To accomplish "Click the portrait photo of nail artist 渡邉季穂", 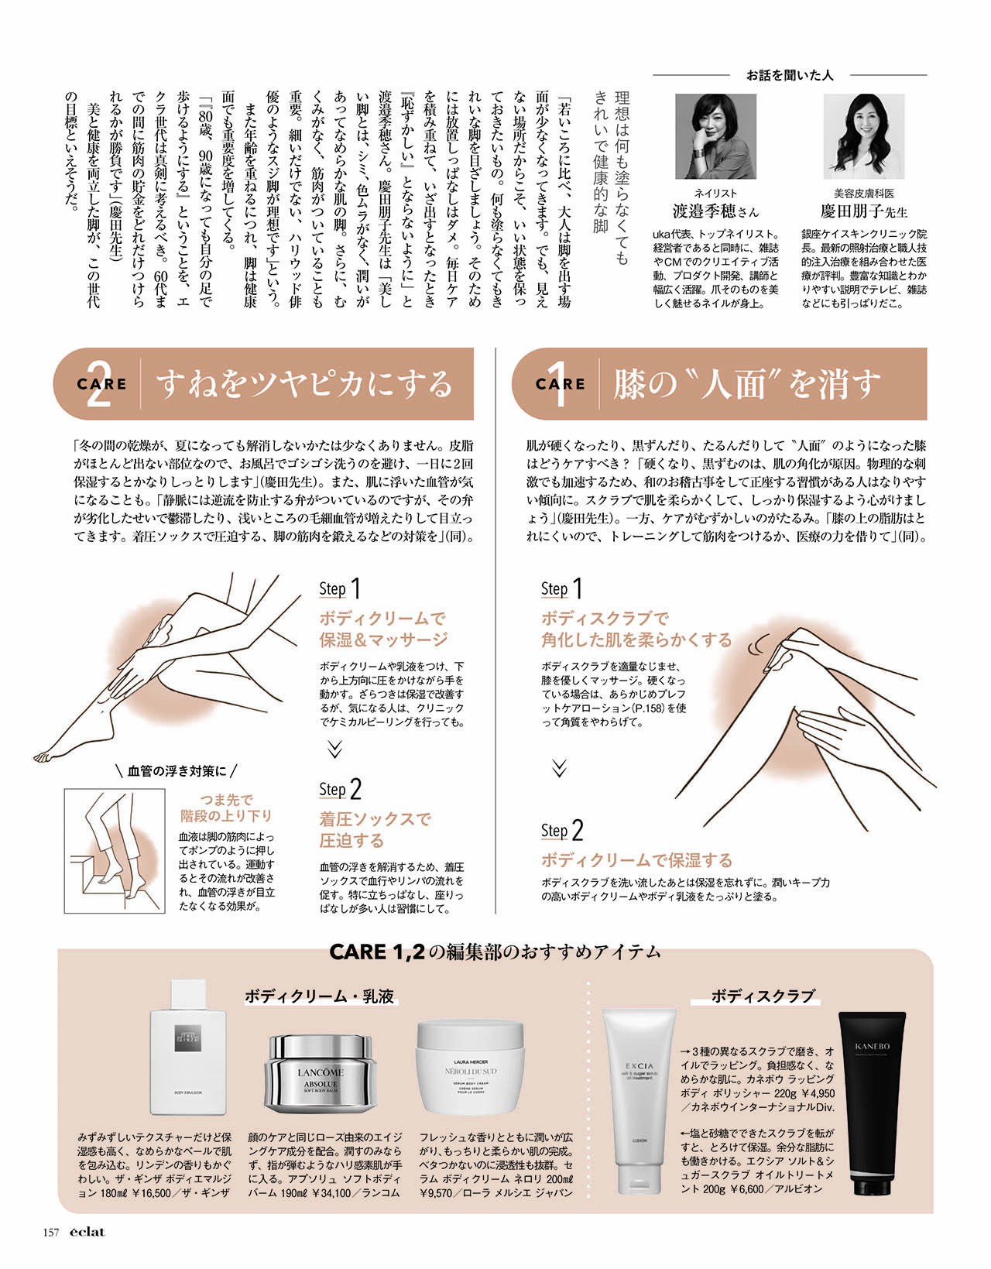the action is tap(715, 136).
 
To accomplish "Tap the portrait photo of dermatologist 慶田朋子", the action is tap(863, 136).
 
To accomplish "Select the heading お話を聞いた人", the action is tap(790, 75).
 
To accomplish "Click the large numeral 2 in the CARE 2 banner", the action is tap(98, 384).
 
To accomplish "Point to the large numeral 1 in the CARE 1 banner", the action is tap(559, 384).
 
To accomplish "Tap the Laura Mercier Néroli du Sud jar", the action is tap(470, 1067).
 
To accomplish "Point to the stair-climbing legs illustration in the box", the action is tap(115, 850).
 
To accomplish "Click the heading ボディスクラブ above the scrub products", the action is tap(762, 996).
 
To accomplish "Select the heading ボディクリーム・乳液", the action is tap(320, 996).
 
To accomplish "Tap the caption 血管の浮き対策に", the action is tap(177, 771).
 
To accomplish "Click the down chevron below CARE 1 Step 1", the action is tap(559, 769).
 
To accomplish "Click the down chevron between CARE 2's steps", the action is tap(334, 749).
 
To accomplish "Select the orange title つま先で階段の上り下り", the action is tap(226, 808).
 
